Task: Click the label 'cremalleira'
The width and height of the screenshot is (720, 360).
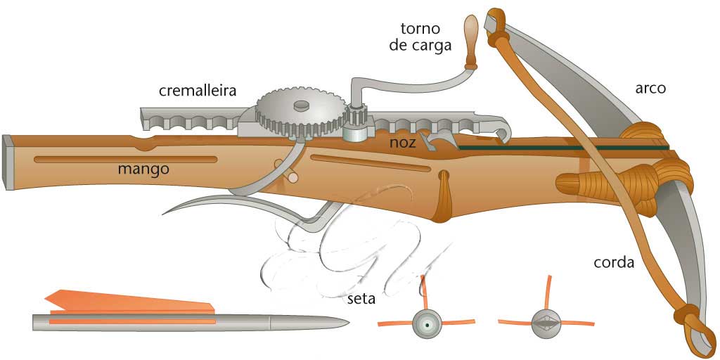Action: (x=197, y=91)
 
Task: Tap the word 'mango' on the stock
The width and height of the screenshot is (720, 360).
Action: (x=143, y=169)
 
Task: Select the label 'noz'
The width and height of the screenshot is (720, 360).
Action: (x=404, y=143)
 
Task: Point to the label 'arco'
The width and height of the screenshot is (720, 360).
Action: (x=650, y=89)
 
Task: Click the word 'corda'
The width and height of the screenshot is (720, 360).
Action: (x=614, y=263)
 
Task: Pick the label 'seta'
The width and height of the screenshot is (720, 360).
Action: (x=361, y=299)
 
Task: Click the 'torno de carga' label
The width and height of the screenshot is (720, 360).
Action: (x=420, y=37)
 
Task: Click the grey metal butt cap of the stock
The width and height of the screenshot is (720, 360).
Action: (x=8, y=162)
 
